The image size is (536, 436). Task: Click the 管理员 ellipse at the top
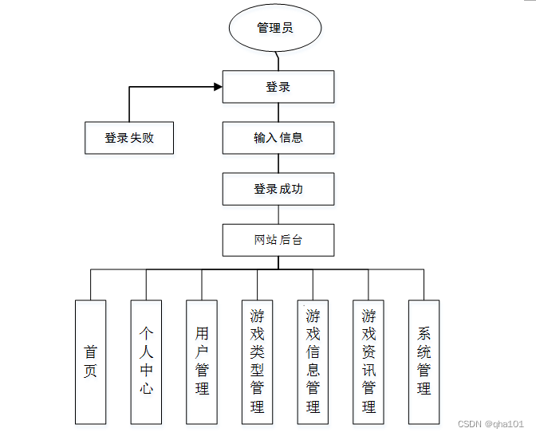click(x=275, y=28)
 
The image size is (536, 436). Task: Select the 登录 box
click(x=278, y=87)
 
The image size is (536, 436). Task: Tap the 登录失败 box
click(x=129, y=138)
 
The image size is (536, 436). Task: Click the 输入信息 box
click(x=278, y=138)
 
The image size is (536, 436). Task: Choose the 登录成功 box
click(x=278, y=189)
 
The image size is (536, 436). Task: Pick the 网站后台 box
click(x=278, y=240)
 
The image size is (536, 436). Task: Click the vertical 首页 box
click(x=90, y=362)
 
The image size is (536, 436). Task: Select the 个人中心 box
click(x=146, y=362)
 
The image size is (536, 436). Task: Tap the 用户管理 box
click(x=202, y=362)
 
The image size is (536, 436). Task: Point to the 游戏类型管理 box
click(x=257, y=362)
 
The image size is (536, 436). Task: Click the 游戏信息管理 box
click(x=313, y=362)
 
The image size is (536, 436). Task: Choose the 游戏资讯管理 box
click(x=368, y=362)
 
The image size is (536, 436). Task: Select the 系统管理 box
click(x=424, y=362)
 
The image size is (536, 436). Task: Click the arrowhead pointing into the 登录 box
click(x=218, y=86)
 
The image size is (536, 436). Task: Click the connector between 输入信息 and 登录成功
click(x=278, y=163)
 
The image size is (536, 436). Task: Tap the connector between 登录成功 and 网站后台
click(x=278, y=214)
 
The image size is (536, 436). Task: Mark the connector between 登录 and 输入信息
click(x=278, y=112)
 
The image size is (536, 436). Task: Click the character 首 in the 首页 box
click(x=90, y=352)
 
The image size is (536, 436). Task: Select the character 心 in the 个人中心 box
click(x=146, y=389)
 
